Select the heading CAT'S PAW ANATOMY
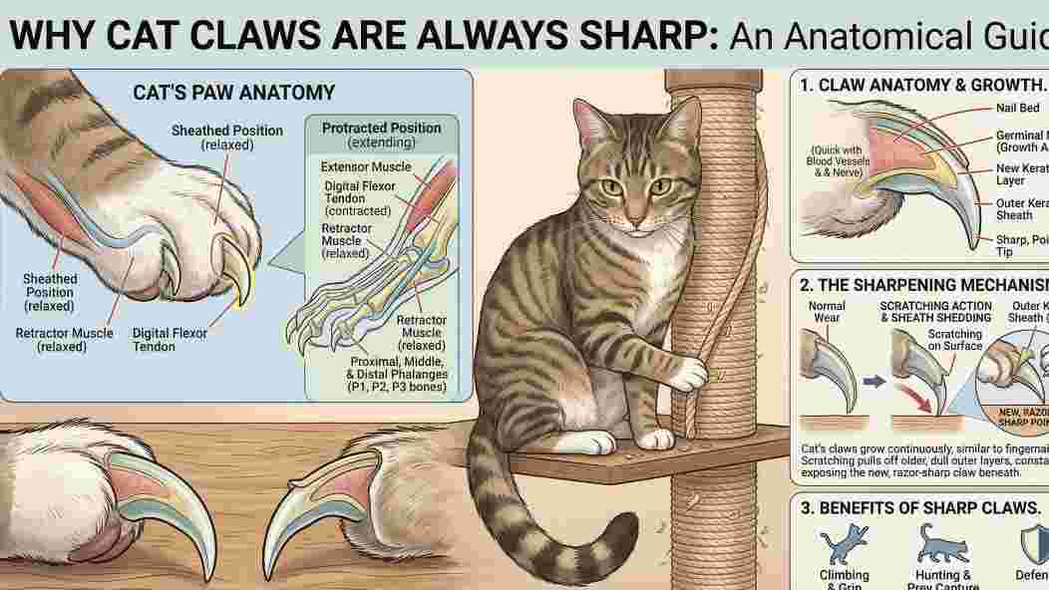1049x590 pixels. click(234, 93)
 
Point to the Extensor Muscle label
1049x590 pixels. click(365, 166)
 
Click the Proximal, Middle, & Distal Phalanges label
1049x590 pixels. click(396, 373)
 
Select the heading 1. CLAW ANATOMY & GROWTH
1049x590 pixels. click(922, 85)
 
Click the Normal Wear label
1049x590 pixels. click(827, 312)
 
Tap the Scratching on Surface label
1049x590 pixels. click(954, 340)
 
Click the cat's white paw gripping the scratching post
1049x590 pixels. click(688, 374)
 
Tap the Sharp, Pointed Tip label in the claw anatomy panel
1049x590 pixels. click(1020, 246)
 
